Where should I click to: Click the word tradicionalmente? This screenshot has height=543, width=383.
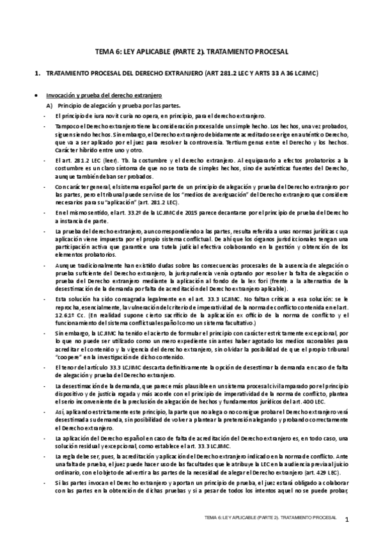click(x=93, y=264)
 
